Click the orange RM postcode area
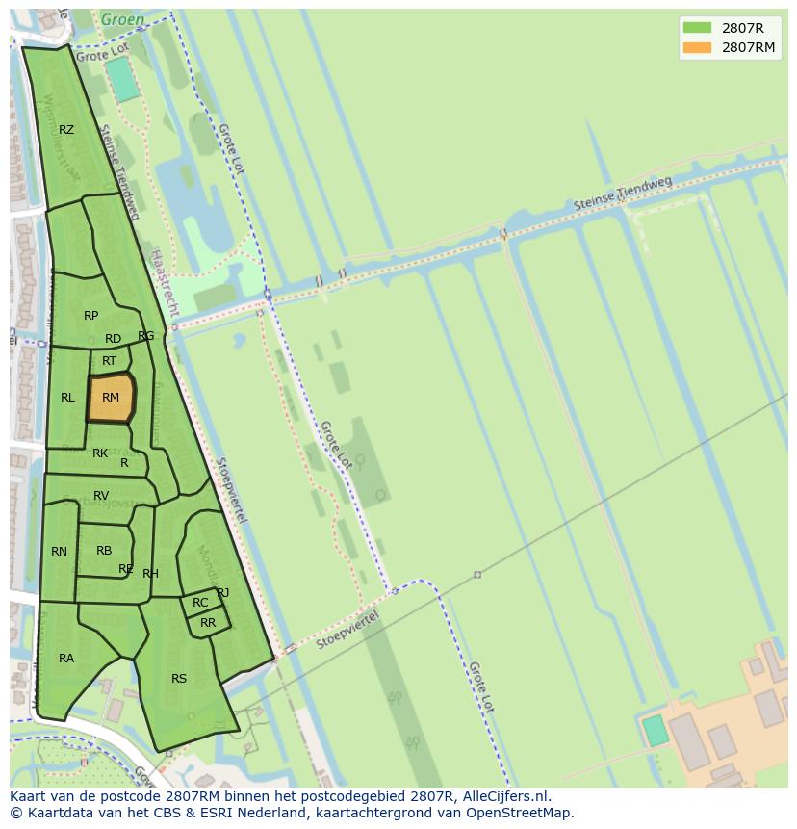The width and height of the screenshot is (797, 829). [111, 398]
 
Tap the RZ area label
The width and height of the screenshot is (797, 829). [66, 130]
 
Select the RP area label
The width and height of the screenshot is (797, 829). [90, 316]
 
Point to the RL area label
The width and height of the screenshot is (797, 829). [67, 398]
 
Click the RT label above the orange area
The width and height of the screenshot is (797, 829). [109, 361]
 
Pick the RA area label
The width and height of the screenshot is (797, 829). [66, 659]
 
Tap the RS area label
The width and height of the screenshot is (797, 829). [179, 679]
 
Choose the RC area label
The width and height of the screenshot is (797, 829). [200, 604]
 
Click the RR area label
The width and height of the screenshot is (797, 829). [208, 623]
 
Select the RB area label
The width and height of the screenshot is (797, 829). [104, 551]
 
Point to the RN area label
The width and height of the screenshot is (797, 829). [60, 552]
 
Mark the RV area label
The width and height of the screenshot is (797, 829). [101, 496]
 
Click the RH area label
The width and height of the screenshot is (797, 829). [150, 574]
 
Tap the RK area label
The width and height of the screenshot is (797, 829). [100, 453]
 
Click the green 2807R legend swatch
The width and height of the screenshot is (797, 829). [697, 27]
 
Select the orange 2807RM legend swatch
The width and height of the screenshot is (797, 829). [697, 47]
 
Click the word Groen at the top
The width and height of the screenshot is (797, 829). [122, 18]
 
